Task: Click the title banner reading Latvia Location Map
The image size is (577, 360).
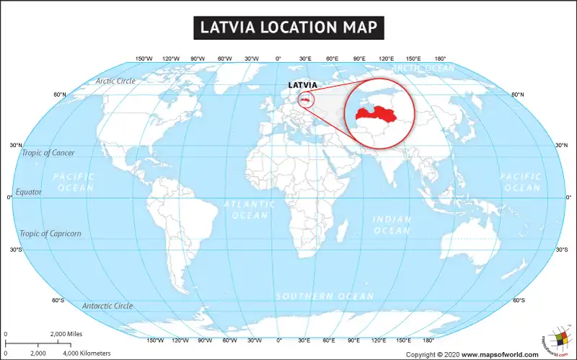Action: pyautogui.click(x=288, y=27)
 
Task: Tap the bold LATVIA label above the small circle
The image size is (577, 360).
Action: pyautogui.click(x=303, y=85)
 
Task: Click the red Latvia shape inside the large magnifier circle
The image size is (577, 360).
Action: pyautogui.click(x=379, y=113)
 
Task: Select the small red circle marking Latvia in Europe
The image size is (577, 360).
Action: pyautogui.click(x=307, y=99)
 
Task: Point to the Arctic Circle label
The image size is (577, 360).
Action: pyautogui.click(x=115, y=81)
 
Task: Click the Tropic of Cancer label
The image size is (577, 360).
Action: pyautogui.click(x=48, y=152)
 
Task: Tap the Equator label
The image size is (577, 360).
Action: pyautogui.click(x=29, y=192)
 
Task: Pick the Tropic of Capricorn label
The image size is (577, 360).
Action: pyautogui.click(x=50, y=233)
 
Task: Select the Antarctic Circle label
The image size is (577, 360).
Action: pyautogui.click(x=107, y=306)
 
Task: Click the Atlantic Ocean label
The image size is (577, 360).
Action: pyautogui.click(x=250, y=210)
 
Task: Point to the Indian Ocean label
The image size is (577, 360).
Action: pyautogui.click(x=392, y=224)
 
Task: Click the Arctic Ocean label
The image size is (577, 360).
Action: pyautogui.click(x=424, y=68)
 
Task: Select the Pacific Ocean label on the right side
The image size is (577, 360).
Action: pyautogui.click(x=521, y=182)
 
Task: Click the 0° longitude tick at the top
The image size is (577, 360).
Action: pyautogui.click(x=278, y=58)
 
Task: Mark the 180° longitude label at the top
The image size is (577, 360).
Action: pyautogui.click(x=439, y=58)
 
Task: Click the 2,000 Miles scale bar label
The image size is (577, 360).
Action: pyautogui.click(x=66, y=334)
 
